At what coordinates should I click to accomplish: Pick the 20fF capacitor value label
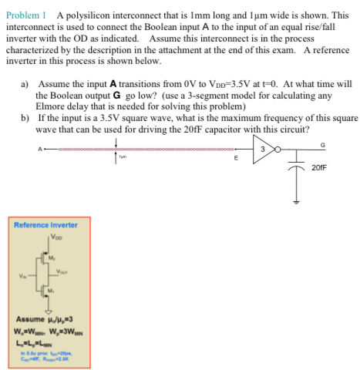pos(320,166)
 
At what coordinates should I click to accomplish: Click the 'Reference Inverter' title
pos(46,224)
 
